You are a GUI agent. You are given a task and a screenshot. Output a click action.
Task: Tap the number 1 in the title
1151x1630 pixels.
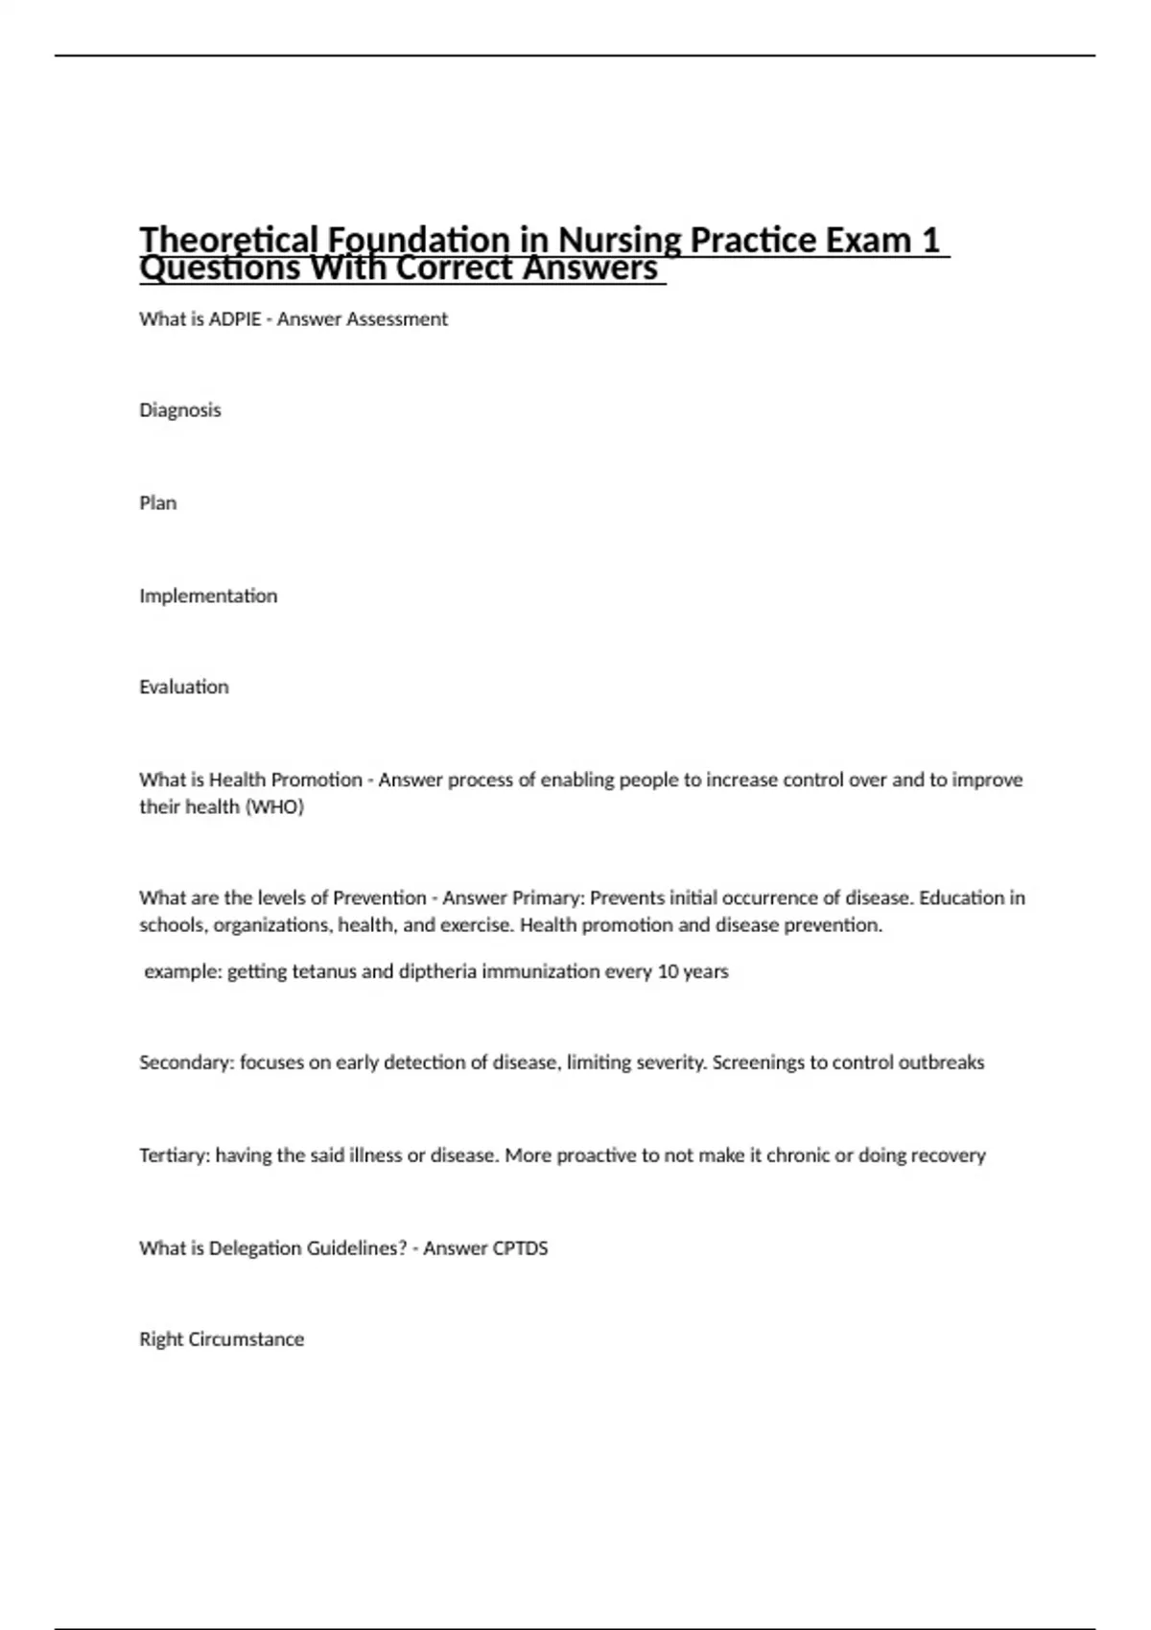tap(929, 239)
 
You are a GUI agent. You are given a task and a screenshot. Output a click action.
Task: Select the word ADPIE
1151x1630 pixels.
tap(235, 319)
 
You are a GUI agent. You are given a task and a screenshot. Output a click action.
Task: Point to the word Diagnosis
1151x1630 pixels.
tap(180, 410)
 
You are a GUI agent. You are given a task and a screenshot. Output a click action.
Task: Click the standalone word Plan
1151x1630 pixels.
tap(158, 503)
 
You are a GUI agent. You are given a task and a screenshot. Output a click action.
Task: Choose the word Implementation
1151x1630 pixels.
tap(208, 595)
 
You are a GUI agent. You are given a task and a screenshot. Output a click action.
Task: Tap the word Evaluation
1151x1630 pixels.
tap(184, 687)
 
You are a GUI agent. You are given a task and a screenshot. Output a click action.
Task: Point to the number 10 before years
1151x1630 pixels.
tap(668, 971)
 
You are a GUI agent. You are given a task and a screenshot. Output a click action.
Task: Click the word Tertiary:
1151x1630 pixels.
tap(175, 1155)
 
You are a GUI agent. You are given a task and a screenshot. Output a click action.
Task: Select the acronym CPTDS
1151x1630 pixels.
tap(519, 1248)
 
